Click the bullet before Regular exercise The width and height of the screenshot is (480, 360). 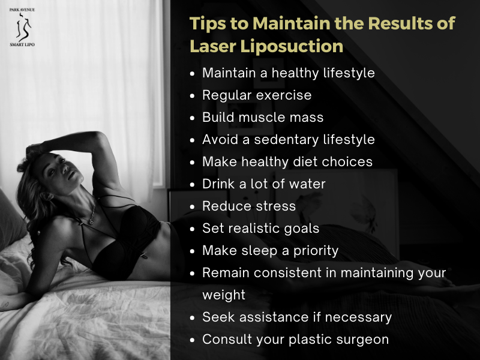192,95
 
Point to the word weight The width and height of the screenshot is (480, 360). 224,295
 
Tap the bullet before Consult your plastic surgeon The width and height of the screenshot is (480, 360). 192,340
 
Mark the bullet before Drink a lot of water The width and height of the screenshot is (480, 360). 192,184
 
